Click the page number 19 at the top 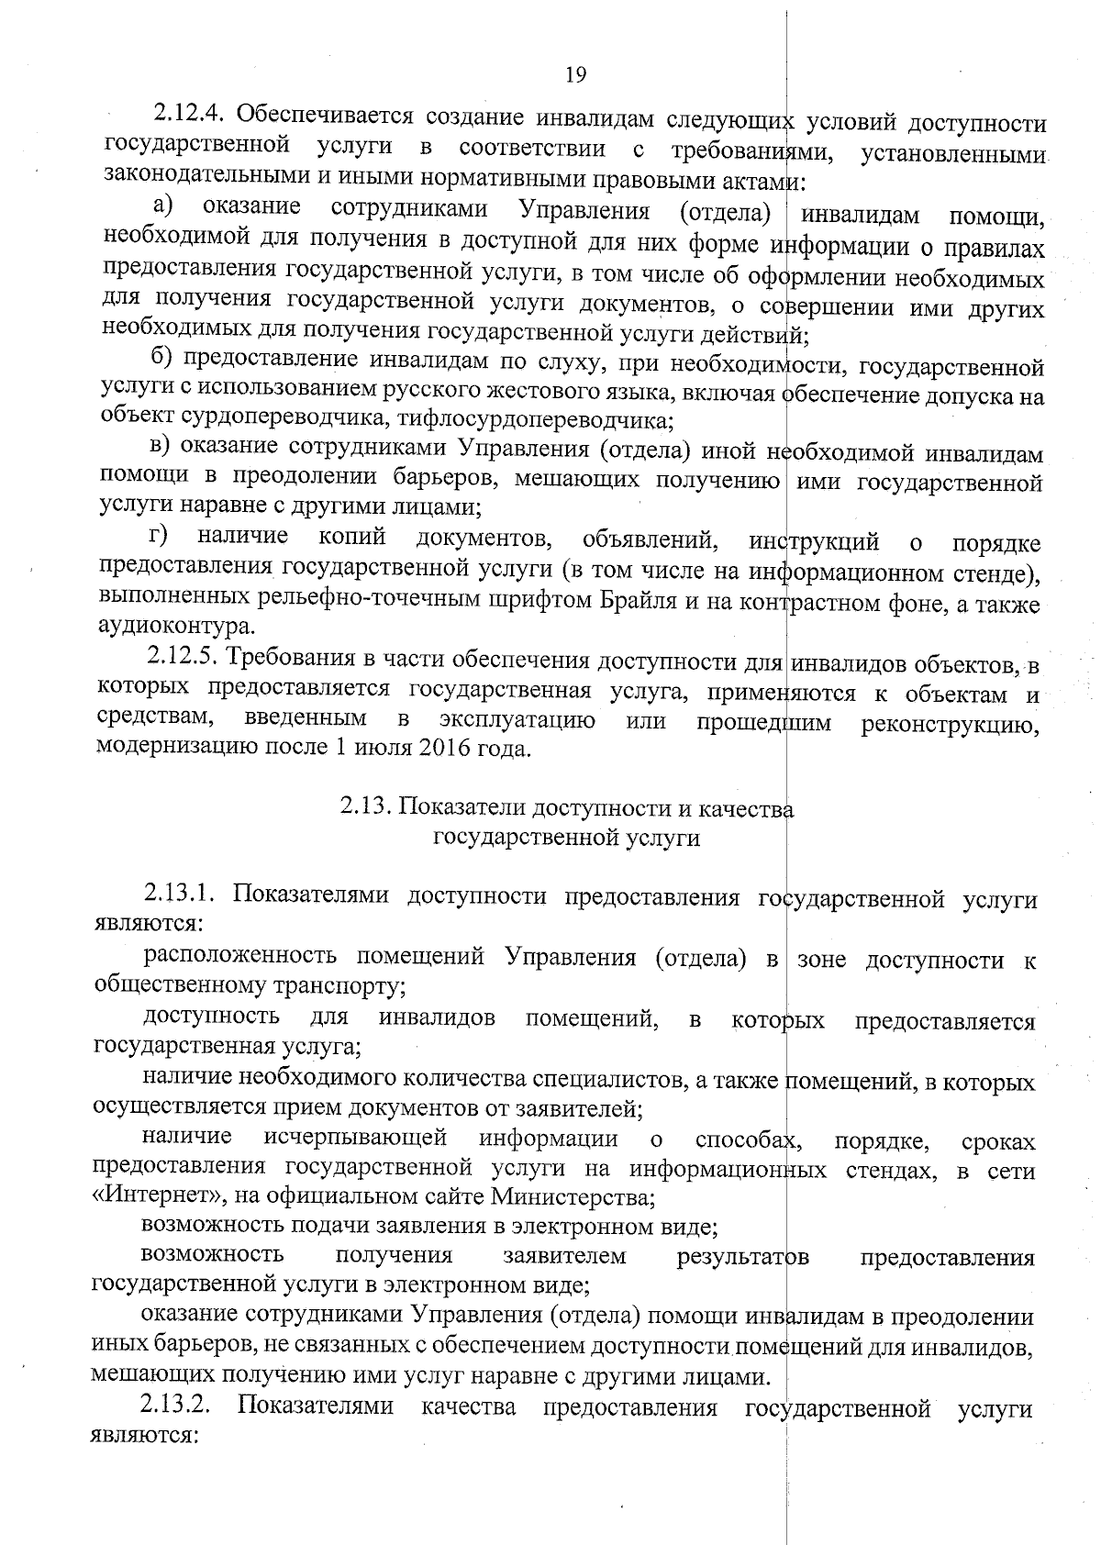point(575,74)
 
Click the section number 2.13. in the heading point(367,807)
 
